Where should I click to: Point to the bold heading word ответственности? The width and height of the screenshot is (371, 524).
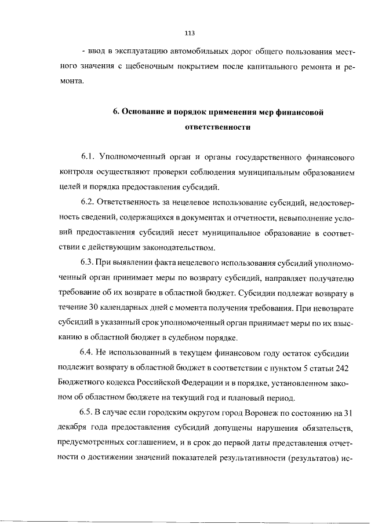pos(217,127)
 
